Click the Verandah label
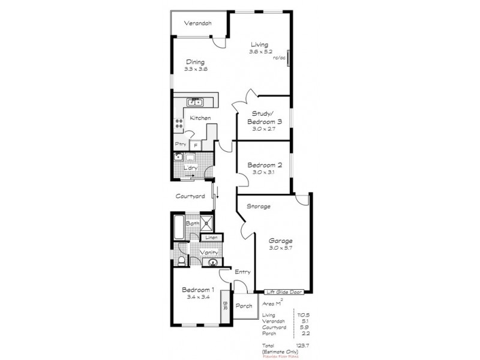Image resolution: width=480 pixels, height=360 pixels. pyautogui.click(x=198, y=23)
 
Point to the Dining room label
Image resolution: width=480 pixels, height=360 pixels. pyautogui.click(x=195, y=61)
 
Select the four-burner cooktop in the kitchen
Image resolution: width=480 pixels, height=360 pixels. pyautogui.click(x=179, y=125)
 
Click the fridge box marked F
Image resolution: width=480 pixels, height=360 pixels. pyautogui.click(x=195, y=145)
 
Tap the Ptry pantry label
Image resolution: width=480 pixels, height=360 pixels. pyautogui.click(x=180, y=144)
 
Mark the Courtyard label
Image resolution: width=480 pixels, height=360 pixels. pyautogui.click(x=191, y=196)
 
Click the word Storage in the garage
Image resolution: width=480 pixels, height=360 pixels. pyautogui.click(x=259, y=206)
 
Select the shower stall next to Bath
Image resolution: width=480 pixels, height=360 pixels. pyautogui.click(x=207, y=224)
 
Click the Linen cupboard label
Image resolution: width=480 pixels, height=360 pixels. pyautogui.click(x=211, y=238)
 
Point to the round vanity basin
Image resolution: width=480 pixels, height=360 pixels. pyautogui.click(x=212, y=262)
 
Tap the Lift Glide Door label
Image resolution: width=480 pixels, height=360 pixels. pyautogui.click(x=284, y=292)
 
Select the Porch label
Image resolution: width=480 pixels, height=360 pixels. pyautogui.click(x=244, y=306)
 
